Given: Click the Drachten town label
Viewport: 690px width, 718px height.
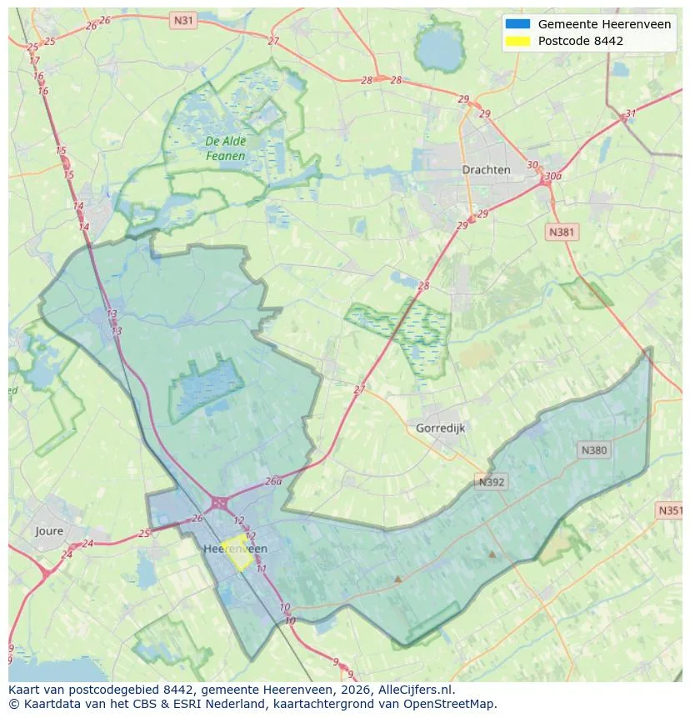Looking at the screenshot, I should click(x=486, y=170).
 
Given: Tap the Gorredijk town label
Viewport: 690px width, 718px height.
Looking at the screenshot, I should click(x=439, y=428).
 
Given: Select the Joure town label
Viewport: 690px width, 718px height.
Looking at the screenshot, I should click(x=49, y=531).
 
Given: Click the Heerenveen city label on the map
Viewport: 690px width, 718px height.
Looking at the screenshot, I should click(x=235, y=549).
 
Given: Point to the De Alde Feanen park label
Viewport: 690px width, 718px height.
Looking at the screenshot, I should click(x=226, y=148).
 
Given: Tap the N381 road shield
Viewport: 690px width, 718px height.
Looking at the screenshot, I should click(x=561, y=232).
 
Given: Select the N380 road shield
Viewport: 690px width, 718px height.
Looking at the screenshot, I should click(x=593, y=450).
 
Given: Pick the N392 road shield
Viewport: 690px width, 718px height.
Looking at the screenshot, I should click(x=492, y=482).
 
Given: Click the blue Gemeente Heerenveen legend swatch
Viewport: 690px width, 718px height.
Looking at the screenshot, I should click(x=517, y=24).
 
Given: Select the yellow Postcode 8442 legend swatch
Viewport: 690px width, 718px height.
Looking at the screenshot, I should click(x=517, y=41).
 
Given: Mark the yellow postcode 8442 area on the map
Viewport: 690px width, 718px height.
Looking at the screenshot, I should click(x=237, y=555).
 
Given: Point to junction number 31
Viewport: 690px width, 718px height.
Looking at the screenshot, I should click(x=630, y=114).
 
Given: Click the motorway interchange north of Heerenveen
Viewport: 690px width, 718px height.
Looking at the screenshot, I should click(x=219, y=503).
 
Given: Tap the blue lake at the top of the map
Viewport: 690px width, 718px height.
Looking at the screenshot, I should click(x=438, y=51).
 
